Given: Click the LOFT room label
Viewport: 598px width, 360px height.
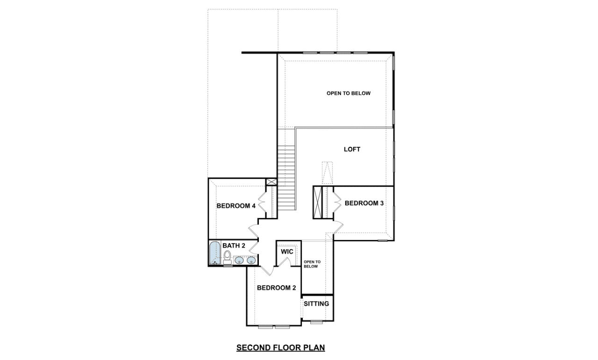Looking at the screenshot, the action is (x=352, y=149).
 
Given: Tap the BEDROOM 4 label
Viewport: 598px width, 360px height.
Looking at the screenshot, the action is (x=236, y=206).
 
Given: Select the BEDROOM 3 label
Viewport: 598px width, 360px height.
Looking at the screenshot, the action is (x=364, y=203).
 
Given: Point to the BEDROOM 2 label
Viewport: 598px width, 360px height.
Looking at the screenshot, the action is (x=276, y=288).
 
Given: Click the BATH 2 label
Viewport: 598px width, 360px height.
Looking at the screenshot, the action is (x=234, y=245).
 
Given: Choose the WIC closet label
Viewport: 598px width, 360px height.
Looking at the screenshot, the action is (x=287, y=252).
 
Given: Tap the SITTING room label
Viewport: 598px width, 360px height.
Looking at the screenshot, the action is (x=316, y=303).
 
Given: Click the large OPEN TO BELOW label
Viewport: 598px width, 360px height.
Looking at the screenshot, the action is (x=349, y=93).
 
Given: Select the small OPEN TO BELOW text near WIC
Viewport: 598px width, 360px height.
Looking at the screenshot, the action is (x=312, y=264).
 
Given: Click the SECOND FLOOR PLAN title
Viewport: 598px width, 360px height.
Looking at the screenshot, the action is (x=281, y=347).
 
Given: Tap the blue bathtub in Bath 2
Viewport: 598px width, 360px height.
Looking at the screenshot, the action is (x=215, y=253).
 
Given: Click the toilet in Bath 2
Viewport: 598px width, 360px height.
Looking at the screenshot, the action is (x=227, y=257).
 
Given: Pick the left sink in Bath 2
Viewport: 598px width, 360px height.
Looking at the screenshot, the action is (x=239, y=260).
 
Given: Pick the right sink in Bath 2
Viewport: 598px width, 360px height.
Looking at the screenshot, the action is (x=251, y=260).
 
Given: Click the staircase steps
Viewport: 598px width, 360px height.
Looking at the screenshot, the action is (x=286, y=178).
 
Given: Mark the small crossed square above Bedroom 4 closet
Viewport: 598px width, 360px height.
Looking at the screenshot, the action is (x=271, y=182).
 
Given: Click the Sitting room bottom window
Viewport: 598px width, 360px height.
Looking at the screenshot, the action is (x=316, y=322).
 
